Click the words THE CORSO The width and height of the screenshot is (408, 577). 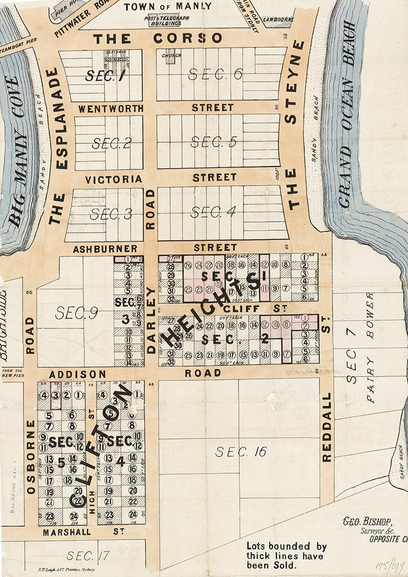pos(158,38)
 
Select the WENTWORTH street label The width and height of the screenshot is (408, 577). pos(111,109)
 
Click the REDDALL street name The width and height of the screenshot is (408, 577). pos(327,427)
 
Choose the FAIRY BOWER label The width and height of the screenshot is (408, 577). pos(370,348)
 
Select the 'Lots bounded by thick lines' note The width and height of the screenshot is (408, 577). pos(286,556)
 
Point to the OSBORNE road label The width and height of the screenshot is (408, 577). pos(32,457)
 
